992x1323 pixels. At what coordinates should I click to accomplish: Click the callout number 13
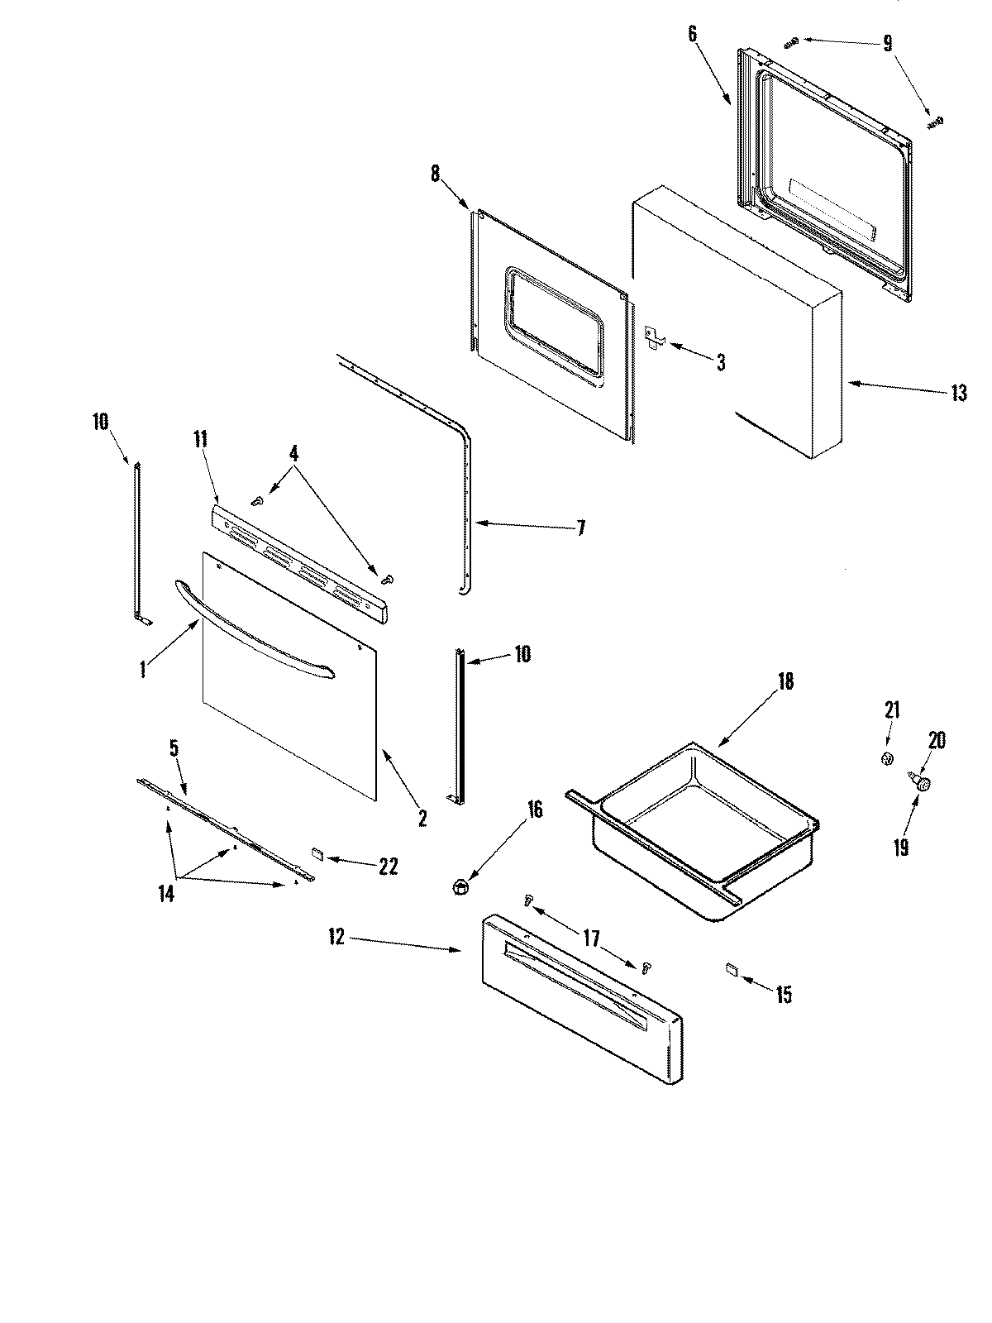coord(958,394)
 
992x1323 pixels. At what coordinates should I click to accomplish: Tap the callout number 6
coord(692,34)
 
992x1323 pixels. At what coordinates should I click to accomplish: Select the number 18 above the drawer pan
coord(785,681)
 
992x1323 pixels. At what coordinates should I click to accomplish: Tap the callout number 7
coord(580,528)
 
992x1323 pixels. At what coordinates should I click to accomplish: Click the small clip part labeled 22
coord(317,853)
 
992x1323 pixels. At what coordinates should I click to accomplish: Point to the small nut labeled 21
coord(887,758)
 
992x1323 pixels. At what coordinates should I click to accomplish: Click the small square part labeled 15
coord(731,968)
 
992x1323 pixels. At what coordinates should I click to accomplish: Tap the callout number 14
coord(167,895)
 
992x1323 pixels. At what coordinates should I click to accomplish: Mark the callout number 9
coord(888,43)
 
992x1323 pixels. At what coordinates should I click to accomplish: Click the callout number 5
coord(174,749)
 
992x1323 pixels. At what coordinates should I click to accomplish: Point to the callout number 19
coord(900,848)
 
